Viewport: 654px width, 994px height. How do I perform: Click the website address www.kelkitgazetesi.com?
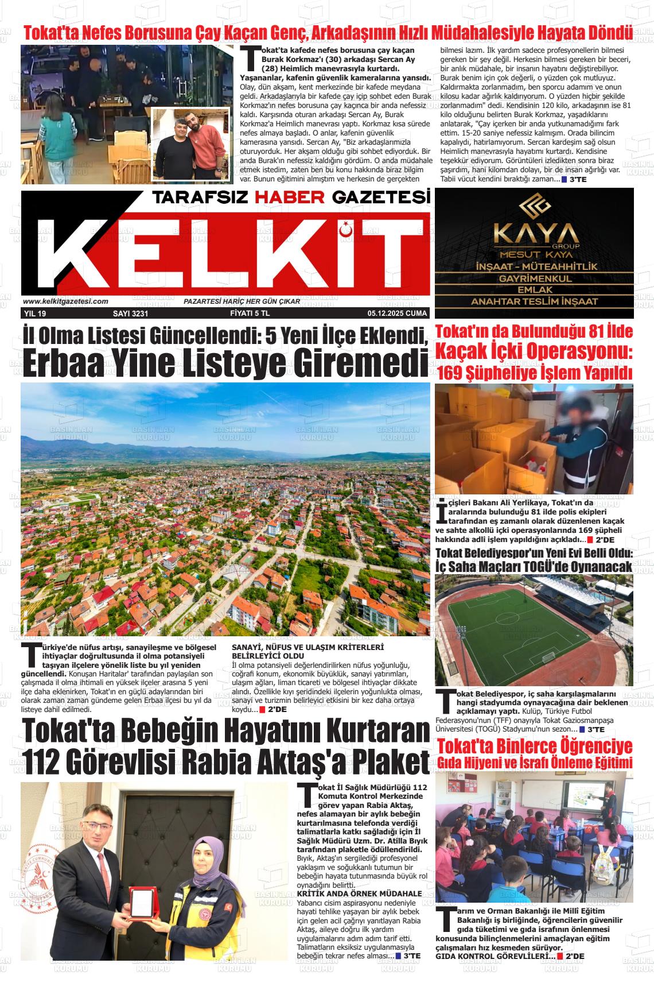65,301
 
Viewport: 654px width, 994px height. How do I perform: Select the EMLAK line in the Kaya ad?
534,290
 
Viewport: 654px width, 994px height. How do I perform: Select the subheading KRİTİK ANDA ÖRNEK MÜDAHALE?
360,894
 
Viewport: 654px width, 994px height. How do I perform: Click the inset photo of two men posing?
188,144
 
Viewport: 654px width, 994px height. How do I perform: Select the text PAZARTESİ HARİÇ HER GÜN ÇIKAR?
250,301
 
